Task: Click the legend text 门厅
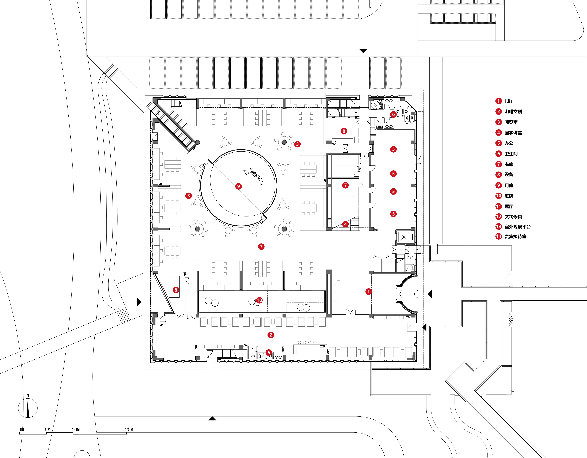pyautogui.click(x=509, y=101)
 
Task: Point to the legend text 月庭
pyautogui.click(x=509, y=185)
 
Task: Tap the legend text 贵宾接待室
pyautogui.click(x=515, y=236)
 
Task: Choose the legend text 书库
pyautogui.click(x=509, y=164)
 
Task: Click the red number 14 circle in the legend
pyautogui.click(x=499, y=236)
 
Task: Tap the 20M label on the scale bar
pyautogui.click(x=129, y=430)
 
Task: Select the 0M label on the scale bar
pyautogui.click(x=21, y=430)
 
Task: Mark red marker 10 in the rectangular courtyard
pyautogui.click(x=259, y=300)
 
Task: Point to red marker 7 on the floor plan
pyautogui.click(x=345, y=185)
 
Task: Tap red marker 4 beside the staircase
pyautogui.click(x=345, y=224)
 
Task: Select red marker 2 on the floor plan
pyautogui.click(x=271, y=335)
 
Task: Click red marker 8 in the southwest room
pyautogui.click(x=176, y=290)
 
